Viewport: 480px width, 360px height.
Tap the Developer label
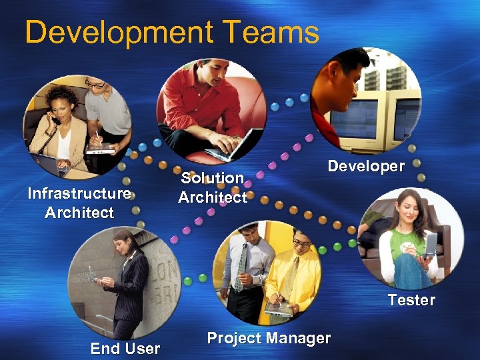point(365,166)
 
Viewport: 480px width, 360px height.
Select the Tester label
point(411,300)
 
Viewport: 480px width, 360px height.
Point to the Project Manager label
point(269,338)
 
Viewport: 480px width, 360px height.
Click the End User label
point(125,348)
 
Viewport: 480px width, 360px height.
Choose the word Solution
point(212,178)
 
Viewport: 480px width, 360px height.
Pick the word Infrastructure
point(79,193)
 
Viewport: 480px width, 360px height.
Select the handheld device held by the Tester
point(430,245)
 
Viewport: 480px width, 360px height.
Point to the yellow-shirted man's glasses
point(301,244)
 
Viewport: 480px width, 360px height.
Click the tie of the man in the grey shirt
point(241,267)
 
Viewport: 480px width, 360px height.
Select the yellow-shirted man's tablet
point(279,307)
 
